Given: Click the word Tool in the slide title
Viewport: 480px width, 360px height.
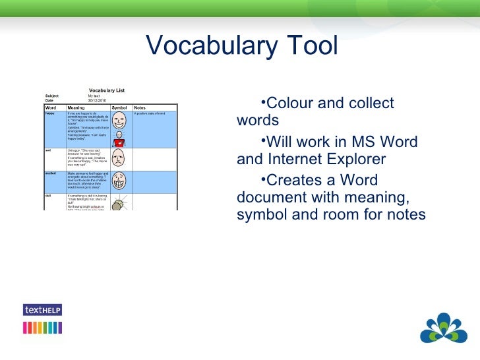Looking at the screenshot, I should point(311,46).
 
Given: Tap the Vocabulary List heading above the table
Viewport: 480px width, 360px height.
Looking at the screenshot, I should point(107,90).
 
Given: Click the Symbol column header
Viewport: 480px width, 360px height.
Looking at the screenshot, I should point(119,107).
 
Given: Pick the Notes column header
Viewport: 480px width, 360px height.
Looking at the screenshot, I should point(140,107).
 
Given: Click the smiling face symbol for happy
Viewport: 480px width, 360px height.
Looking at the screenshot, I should point(119,121).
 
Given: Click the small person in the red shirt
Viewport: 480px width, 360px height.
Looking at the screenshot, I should point(119,140).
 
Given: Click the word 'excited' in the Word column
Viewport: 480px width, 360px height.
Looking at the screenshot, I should point(50,173).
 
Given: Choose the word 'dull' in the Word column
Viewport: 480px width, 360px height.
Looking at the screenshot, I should point(48,196).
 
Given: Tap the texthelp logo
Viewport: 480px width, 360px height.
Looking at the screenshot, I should point(42,309).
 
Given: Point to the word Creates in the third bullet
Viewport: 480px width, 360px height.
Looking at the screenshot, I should point(291,181).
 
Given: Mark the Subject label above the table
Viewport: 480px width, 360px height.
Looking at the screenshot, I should point(52,96).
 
